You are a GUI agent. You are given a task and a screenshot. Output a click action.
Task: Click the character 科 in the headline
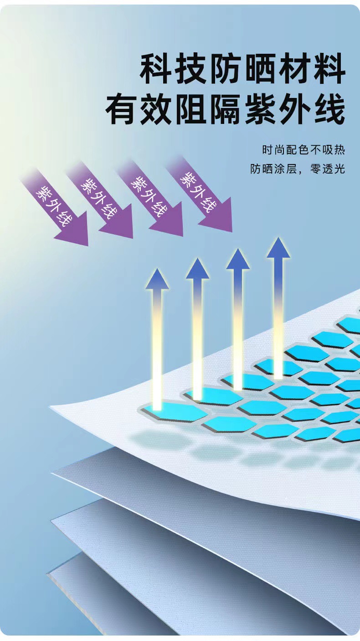[157, 69]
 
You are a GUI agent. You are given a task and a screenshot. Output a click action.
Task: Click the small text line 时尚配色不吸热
[303, 150]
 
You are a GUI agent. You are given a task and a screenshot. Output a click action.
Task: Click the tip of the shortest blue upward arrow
[157, 279]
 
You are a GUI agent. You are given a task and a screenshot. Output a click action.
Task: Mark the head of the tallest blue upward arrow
[278, 249]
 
